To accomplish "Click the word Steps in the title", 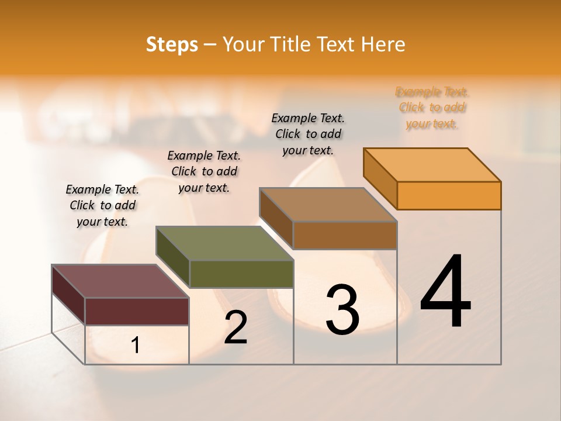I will coord(172,44).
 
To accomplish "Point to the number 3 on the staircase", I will coord(342,310).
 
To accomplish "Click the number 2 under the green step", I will coord(236,327).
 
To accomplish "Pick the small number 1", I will coord(136,346).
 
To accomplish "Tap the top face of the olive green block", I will coord(224,243).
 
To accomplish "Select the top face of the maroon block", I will coord(120,281).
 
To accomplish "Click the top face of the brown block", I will coord(328,205).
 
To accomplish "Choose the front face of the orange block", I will coord(449,195).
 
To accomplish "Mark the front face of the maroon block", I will coord(137,311).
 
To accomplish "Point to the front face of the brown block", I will coord(345,235).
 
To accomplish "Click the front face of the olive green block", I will coord(241,274).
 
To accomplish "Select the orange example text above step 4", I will coord(432,108).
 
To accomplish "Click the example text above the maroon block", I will coord(102,205).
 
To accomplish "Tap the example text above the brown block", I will coord(308,134).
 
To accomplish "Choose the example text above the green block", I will coord(204,171).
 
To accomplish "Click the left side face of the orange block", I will coord(380,179).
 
